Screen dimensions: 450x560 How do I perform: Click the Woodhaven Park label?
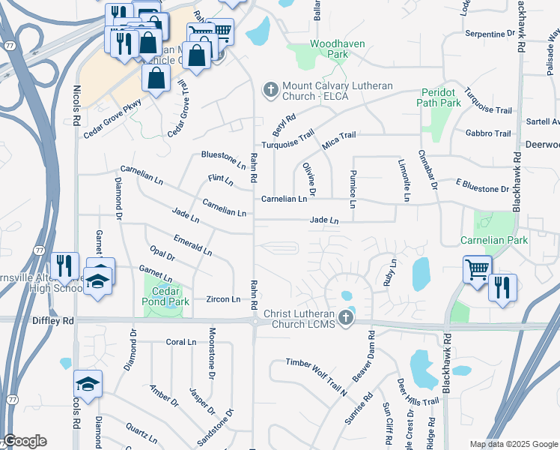coord(337,49)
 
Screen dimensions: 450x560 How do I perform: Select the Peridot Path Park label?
coord(439,97)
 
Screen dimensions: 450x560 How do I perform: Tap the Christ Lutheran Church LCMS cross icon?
coord(346,318)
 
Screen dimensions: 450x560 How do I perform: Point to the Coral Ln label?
coord(180,342)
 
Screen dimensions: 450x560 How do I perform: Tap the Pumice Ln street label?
coord(352,189)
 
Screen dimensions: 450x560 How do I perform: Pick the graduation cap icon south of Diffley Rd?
coord(88,385)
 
